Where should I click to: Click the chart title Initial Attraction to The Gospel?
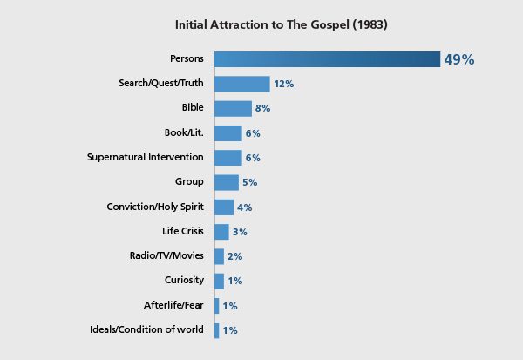pos(281,24)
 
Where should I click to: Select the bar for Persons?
pos(327,59)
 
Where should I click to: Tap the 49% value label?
pos(458,59)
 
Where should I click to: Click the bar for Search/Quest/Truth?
pos(241,84)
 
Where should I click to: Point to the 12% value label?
pos(283,84)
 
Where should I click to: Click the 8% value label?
pos(263,109)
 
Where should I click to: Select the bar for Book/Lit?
pos(228,133)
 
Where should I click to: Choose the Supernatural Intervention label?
pos(146,157)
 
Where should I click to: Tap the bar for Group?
pos(226,182)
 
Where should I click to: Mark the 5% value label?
pos(250,182)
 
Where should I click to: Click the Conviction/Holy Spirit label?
pos(155,207)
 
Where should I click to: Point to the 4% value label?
pos(245,207)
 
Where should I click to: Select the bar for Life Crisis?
pos(221,232)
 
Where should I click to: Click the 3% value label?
pos(241,232)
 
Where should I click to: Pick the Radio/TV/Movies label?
pos(166,255)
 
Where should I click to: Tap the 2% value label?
pos(234,256)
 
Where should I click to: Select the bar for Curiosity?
pos(219,281)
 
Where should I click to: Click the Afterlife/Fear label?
pos(173,305)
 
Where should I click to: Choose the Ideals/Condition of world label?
pos(146,329)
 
